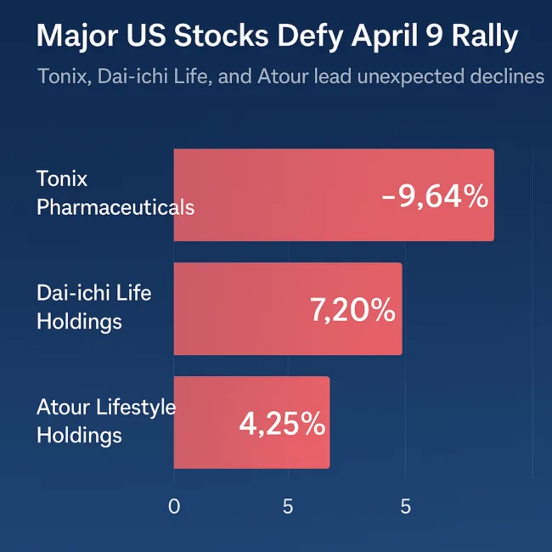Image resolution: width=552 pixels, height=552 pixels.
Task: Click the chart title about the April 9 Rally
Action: pos(278,38)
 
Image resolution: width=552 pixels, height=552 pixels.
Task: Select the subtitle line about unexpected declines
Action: pos(290,76)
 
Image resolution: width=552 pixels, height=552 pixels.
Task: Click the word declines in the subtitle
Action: pos(506,76)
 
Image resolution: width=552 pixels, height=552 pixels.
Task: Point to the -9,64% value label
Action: pos(435,197)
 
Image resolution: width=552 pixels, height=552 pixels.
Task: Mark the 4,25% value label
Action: pos(282,424)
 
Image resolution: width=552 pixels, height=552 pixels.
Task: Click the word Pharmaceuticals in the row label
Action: pos(115,207)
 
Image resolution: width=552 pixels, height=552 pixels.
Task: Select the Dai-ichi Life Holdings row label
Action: pos(93,307)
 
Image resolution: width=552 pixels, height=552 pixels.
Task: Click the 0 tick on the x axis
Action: pos(174,507)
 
